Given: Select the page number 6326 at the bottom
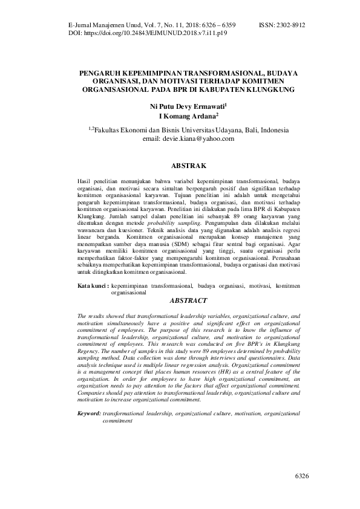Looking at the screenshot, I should [302, 477].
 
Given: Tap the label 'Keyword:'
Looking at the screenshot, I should [90, 413].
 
